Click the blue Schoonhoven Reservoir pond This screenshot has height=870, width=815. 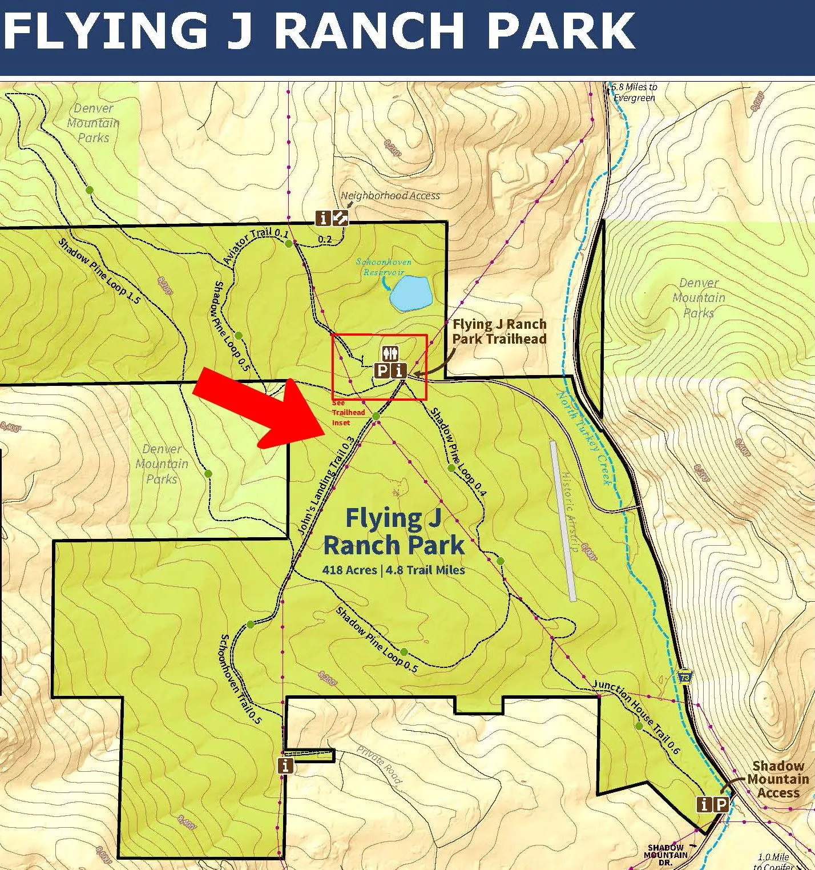tap(410, 293)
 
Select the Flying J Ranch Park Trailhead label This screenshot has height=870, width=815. tap(499, 332)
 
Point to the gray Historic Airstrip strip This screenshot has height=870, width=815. tap(563, 520)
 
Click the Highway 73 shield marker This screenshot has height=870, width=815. tap(685, 676)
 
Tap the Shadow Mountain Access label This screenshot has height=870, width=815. tap(778, 779)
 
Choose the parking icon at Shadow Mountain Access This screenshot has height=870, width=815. tap(721, 804)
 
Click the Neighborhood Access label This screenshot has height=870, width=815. tap(390, 196)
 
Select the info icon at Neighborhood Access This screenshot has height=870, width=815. tap(324, 218)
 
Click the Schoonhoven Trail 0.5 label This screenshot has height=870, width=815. tap(240, 679)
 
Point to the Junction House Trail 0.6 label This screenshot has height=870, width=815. tap(636, 716)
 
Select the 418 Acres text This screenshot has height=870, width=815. tap(349, 570)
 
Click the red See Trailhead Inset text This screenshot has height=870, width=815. tap(348, 412)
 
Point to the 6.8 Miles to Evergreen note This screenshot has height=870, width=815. tap(634, 92)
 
